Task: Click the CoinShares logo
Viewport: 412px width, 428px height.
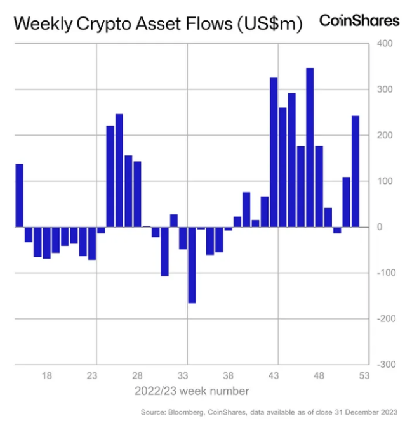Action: [359, 20]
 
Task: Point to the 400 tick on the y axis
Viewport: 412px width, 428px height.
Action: [386, 44]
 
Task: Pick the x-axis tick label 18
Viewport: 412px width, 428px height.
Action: [46, 375]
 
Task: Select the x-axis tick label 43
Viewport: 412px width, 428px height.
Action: [274, 375]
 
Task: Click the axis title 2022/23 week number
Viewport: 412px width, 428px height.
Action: [192, 391]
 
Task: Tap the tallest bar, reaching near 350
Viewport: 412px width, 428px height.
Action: [310, 147]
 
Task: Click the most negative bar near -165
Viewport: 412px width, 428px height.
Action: [192, 264]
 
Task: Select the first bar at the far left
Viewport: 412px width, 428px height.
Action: [19, 195]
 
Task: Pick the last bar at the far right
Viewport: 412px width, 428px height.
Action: [356, 171]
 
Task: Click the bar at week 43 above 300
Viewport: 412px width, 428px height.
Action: [274, 152]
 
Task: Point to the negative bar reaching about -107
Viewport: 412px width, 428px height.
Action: [164, 251]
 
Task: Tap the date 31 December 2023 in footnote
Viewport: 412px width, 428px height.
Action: [366, 412]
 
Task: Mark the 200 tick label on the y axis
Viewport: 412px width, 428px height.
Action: [386, 135]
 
